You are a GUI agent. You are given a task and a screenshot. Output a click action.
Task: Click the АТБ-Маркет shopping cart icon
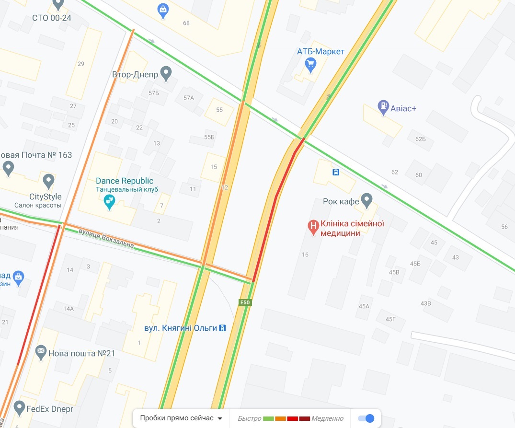[311, 64]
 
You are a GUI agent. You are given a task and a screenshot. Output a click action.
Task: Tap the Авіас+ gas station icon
[383, 107]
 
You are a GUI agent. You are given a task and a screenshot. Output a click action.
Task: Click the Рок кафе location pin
[366, 200]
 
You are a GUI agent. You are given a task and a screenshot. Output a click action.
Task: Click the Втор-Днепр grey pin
[166, 73]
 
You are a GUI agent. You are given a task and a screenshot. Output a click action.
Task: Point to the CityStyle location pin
[48, 181]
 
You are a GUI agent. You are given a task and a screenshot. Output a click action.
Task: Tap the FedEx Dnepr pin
[19, 408]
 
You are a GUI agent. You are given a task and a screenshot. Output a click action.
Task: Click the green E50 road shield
[245, 302]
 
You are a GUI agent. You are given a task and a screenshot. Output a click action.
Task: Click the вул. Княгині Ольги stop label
[181, 328]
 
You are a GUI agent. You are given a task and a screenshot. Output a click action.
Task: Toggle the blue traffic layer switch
[366, 418]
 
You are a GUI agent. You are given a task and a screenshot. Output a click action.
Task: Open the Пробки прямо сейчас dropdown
[182, 418]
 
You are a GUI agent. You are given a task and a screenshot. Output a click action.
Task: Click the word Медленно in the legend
[328, 418]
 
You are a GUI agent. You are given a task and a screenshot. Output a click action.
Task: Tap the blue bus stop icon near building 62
[336, 172]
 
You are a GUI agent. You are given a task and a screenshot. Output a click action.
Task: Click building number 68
[186, 23]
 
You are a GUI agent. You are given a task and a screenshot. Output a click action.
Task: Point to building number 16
[305, 254]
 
